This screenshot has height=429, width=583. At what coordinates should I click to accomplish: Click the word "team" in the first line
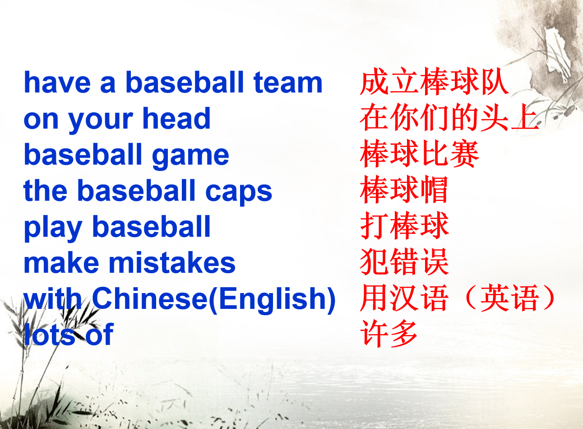[x=288, y=82]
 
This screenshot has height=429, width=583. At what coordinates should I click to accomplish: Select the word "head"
[x=176, y=118]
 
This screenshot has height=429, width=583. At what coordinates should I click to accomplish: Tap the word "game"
[x=190, y=156]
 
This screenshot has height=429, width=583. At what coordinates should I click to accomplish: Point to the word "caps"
[x=239, y=193]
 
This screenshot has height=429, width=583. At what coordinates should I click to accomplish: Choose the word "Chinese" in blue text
[x=150, y=298]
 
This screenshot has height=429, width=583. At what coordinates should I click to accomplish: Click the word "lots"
[x=50, y=334]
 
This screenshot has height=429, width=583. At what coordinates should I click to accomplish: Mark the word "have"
[x=57, y=82]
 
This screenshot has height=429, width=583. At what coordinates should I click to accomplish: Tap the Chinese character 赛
[x=465, y=153]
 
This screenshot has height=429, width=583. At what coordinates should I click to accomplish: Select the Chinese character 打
[x=374, y=225]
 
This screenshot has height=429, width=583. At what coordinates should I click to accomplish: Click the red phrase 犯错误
[x=404, y=261]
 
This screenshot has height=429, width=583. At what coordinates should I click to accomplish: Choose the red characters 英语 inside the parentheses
[x=509, y=298]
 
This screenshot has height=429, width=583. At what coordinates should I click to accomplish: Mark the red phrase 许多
[x=389, y=333]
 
